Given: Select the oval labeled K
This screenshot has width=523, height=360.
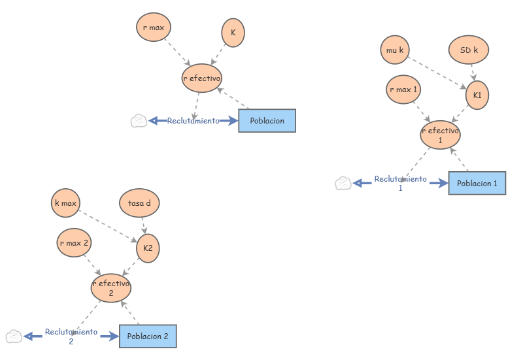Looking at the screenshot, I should tap(233, 32).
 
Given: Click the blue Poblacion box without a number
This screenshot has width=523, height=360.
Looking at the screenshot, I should tap(267, 120).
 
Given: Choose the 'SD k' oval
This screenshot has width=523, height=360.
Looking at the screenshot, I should tap(468, 50).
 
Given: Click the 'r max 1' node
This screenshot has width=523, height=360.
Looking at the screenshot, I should tap(403, 90).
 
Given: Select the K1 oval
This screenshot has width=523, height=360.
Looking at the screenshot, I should tap(477, 95).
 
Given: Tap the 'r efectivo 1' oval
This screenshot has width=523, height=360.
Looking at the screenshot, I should tap(440, 135).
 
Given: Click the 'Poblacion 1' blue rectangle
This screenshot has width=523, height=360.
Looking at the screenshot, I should tap(477, 184).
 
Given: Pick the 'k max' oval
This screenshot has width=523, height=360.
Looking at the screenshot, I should tap(66, 203).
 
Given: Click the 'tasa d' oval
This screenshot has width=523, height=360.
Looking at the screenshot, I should tap(139, 203).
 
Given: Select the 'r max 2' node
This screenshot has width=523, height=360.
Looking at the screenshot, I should tap(74, 242).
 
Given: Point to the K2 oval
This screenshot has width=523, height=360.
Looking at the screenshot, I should tap(148, 249).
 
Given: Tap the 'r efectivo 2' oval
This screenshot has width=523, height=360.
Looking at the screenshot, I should tap(110, 288).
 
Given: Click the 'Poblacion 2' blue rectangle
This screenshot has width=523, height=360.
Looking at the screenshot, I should tap(148, 336).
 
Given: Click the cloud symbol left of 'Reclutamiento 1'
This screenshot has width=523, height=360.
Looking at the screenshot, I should tap(343, 184).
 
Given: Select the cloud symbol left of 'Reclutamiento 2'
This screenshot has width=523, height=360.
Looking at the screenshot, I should tap(14, 336).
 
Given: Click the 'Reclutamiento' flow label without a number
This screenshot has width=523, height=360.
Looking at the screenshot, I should tap(193, 121).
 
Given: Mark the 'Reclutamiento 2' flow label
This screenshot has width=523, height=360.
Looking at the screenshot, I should tap(71, 336).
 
